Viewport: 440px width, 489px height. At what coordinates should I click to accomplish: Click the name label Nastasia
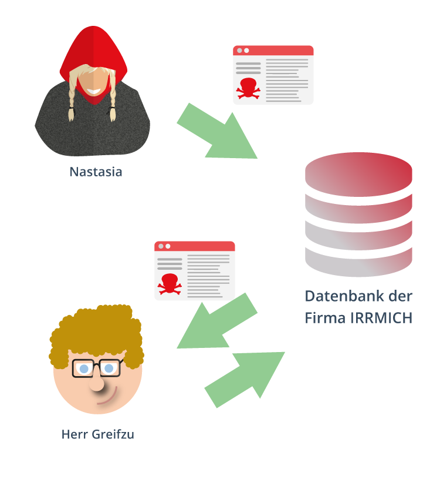coord(96,172)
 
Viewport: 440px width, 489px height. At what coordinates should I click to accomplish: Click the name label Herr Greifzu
coord(98,435)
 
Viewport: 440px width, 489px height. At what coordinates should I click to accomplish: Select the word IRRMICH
coord(381,318)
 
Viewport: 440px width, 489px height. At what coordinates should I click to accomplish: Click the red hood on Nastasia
coord(94,50)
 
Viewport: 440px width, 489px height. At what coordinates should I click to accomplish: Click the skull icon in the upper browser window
coord(248,87)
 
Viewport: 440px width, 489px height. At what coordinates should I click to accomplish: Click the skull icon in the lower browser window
coord(169,283)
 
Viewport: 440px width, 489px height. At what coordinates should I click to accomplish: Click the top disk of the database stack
coord(358,174)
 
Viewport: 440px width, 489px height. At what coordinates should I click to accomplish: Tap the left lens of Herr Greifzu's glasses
coord(84,369)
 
